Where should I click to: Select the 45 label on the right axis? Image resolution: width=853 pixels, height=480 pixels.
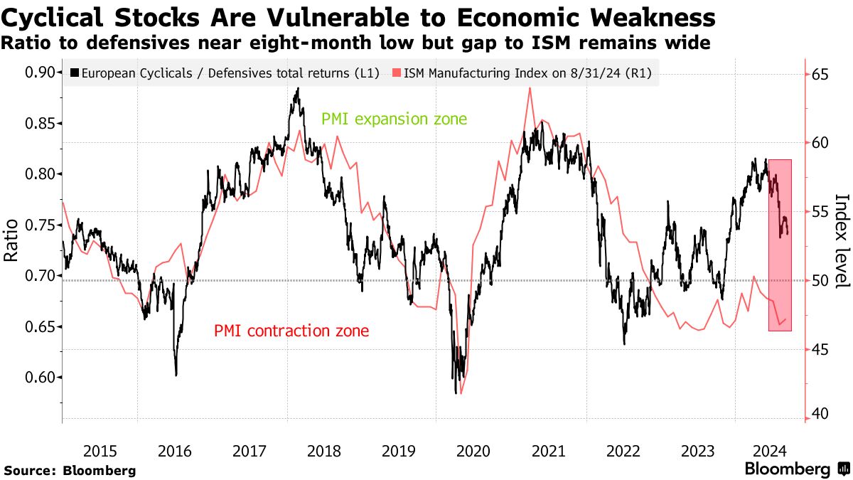[x=820, y=350]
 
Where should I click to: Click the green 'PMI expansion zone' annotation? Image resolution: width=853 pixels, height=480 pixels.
[x=394, y=119]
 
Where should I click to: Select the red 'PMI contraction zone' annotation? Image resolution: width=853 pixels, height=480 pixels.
[x=291, y=331]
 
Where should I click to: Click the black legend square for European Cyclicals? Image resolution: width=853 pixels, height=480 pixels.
[x=75, y=73]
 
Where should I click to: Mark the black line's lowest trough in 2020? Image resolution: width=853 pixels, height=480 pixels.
[x=455, y=393]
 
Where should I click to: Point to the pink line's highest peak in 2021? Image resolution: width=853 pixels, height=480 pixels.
[x=530, y=88]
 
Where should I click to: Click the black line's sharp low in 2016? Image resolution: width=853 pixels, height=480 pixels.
[x=176, y=375]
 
